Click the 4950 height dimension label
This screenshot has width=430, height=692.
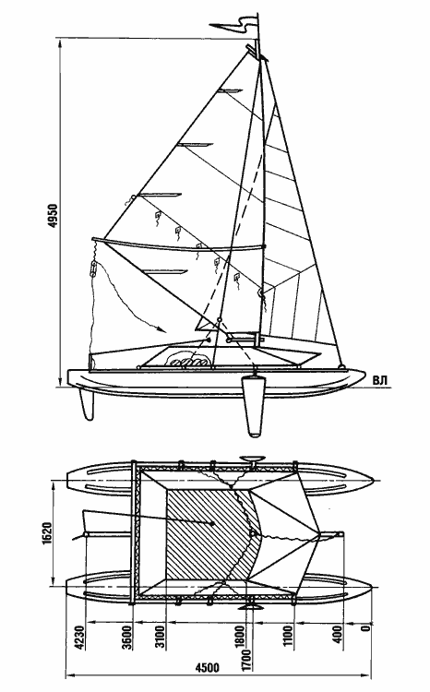point(54,216)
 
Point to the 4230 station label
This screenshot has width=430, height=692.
point(80,638)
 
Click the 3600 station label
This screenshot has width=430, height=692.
point(127,638)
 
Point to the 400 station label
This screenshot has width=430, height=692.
point(338,634)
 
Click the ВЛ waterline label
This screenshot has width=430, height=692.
point(380,380)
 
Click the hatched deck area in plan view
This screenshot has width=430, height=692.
point(210,534)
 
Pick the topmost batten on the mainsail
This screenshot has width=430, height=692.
point(229,91)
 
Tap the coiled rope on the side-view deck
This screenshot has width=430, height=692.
point(189,359)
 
